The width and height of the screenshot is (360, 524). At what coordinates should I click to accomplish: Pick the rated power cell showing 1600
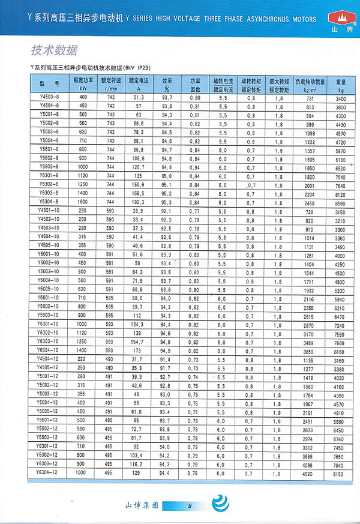[x=83, y=202]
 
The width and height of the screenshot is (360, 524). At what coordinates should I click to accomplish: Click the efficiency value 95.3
[x=167, y=202]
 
